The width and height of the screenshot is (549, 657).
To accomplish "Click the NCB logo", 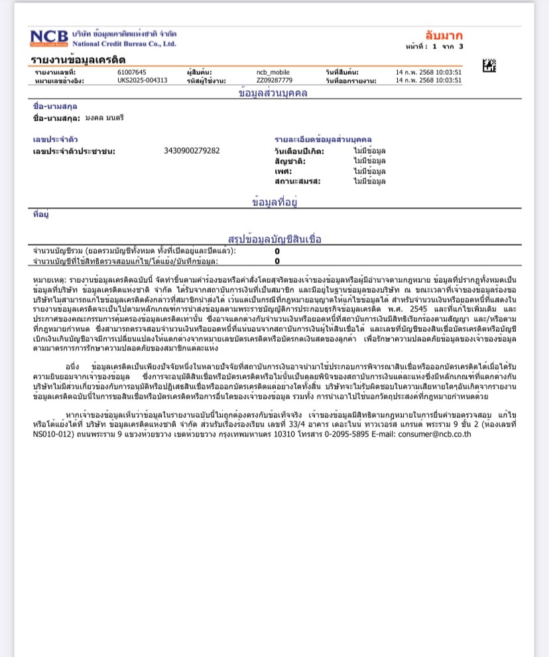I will click(48, 38).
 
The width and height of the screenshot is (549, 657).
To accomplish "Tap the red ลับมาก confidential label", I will click(444, 35).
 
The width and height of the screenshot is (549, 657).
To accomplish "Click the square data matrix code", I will click(489, 66).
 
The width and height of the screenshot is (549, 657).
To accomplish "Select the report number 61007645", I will click(132, 72).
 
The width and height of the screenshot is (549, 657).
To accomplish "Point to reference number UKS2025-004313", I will click(142, 80).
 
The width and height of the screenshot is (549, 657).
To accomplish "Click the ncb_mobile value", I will click(273, 72).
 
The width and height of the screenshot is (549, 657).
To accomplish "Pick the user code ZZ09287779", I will click(274, 80).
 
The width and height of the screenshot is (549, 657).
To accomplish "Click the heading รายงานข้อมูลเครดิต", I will click(78, 60).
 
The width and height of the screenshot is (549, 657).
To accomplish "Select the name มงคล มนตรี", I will click(104, 117).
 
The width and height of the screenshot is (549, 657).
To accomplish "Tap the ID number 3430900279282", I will click(192, 150).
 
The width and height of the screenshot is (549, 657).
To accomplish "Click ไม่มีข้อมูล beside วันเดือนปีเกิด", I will click(369, 151).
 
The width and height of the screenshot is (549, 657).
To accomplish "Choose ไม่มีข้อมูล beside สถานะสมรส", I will click(369, 181).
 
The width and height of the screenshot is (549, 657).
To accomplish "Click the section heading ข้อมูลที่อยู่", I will click(274, 201).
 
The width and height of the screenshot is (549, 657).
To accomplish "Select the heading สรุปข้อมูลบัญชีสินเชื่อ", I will click(274, 238).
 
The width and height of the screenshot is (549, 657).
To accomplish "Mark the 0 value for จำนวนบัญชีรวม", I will click(277, 251).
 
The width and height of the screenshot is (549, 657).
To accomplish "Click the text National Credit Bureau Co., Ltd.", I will click(124, 44).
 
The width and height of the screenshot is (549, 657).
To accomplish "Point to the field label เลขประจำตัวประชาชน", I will click(74, 151).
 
